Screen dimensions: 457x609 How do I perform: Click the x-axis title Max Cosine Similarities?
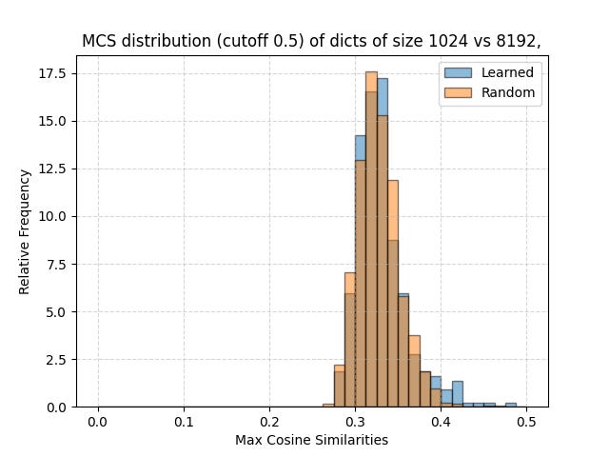[311, 440]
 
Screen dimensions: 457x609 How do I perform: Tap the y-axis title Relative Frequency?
[25, 231]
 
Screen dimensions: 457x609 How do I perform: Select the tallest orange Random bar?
[371, 238]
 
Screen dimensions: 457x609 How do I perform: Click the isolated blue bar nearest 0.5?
[511, 405]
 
